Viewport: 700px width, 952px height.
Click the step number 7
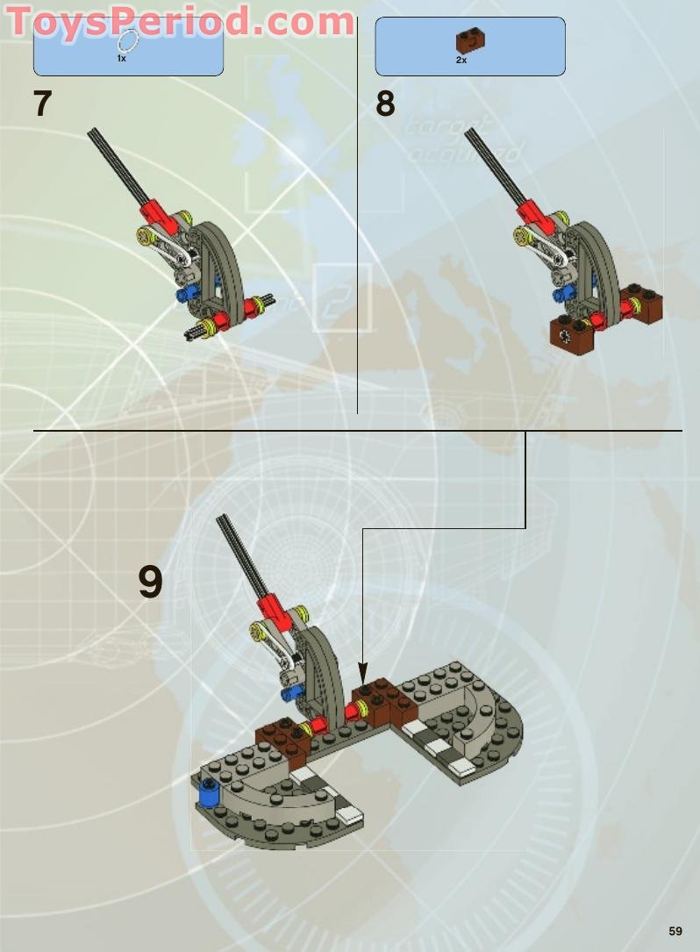pyautogui.click(x=43, y=104)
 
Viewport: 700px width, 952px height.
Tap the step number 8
pyautogui.click(x=385, y=104)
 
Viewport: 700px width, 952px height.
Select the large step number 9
pyautogui.click(x=150, y=582)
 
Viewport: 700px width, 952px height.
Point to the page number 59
pyautogui.click(x=675, y=931)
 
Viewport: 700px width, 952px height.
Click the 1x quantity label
pyautogui.click(x=122, y=58)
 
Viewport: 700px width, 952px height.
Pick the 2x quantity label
pyautogui.click(x=461, y=60)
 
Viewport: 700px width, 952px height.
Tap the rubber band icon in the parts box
pyautogui.click(x=128, y=40)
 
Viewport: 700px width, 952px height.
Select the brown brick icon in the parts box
pyautogui.click(x=470, y=39)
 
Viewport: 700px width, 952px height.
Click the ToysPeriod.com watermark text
pyautogui.click(x=180, y=21)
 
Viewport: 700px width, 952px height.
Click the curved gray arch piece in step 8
pyautogui.click(x=595, y=254)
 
